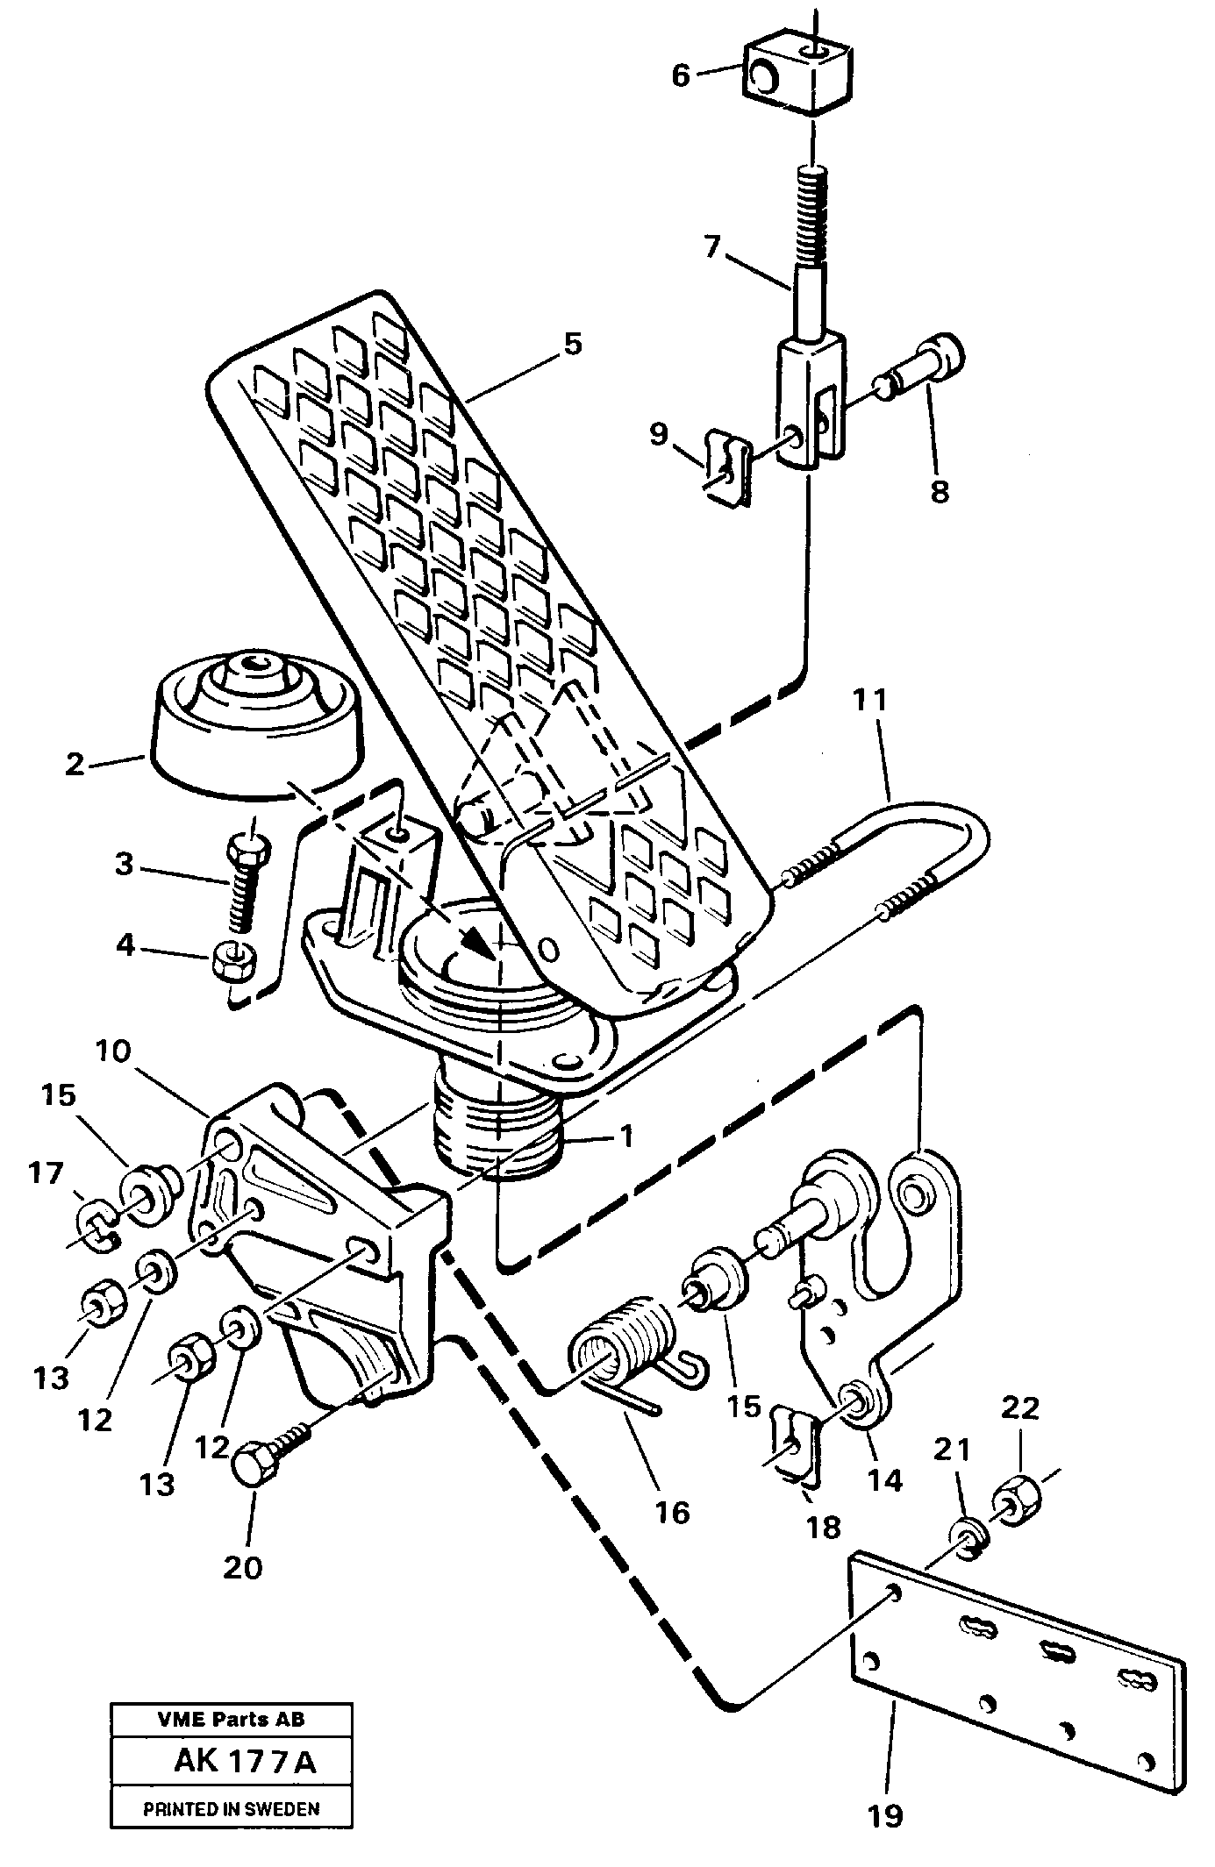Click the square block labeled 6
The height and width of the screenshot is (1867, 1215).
(x=798, y=77)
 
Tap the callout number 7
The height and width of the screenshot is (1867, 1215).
(x=711, y=247)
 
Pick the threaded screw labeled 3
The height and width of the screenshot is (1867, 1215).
(x=243, y=884)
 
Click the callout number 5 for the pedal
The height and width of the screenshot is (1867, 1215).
(x=572, y=345)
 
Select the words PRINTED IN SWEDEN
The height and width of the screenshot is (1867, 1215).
(x=232, y=1807)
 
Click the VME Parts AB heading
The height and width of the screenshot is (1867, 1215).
(x=232, y=1719)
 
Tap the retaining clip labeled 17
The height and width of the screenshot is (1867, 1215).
(x=97, y=1220)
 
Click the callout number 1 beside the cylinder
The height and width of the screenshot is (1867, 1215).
(x=625, y=1137)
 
